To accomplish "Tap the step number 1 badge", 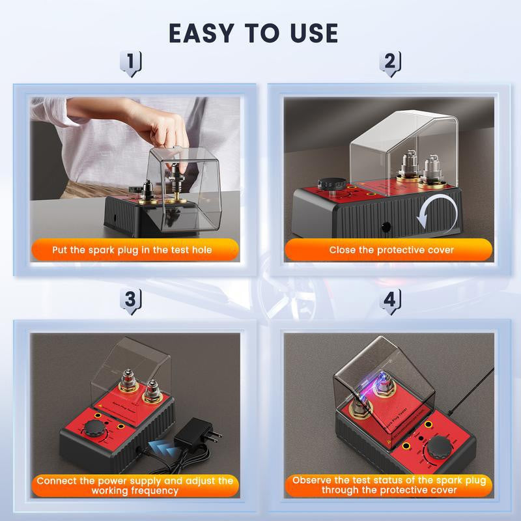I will click(131, 63).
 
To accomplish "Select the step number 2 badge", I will click(390, 63).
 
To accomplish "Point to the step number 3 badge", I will click(131, 300).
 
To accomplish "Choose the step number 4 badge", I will click(390, 300).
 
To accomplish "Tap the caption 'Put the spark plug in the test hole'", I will click(132, 249).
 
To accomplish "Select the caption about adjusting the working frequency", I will click(135, 485).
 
